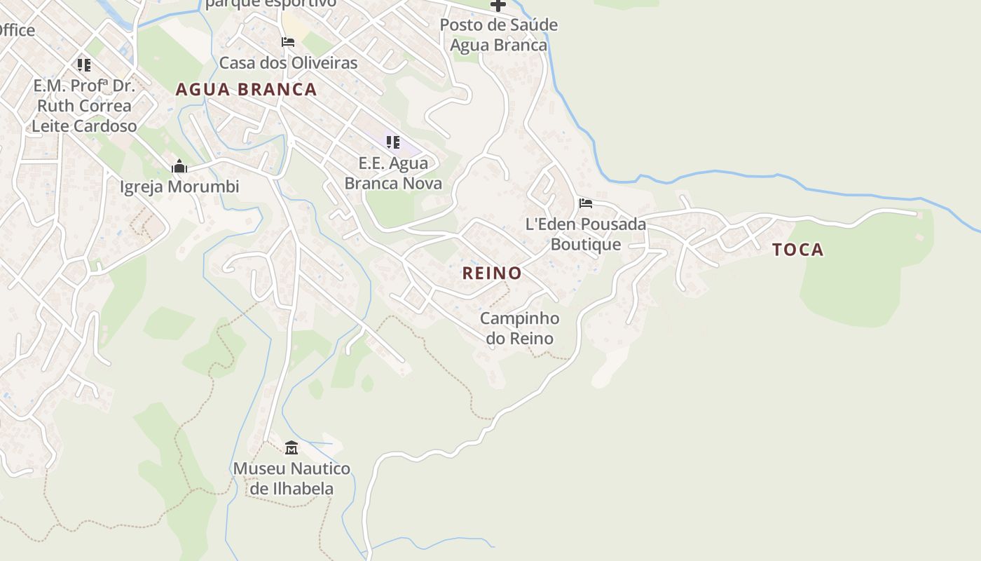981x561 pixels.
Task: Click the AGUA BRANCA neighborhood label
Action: click(x=246, y=90)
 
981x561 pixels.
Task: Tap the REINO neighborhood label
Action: click(x=492, y=273)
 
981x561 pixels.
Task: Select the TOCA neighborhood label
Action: click(x=797, y=250)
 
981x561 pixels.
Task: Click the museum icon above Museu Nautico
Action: click(x=291, y=447)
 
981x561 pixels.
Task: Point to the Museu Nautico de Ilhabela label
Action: click(x=291, y=478)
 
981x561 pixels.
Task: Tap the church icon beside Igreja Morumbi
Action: click(x=179, y=167)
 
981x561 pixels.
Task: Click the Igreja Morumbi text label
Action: click(x=179, y=187)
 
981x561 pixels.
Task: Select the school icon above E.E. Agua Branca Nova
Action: click(x=393, y=142)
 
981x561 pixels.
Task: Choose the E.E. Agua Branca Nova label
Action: click(x=393, y=174)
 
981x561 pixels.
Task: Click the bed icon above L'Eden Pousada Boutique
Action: click(x=586, y=203)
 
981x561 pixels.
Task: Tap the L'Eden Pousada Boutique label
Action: click(x=586, y=234)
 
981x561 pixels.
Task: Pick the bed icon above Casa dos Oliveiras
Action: click(x=288, y=42)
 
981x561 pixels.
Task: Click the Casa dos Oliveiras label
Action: click(x=288, y=63)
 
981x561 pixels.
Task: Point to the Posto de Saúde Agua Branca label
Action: click(x=498, y=35)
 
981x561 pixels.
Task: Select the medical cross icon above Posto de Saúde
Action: click(x=498, y=6)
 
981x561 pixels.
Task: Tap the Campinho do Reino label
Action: click(x=519, y=328)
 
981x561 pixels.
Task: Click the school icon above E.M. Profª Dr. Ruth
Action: click(x=84, y=65)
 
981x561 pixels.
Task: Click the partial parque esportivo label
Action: click(x=270, y=4)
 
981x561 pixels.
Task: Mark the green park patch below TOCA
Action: click(x=851, y=284)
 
